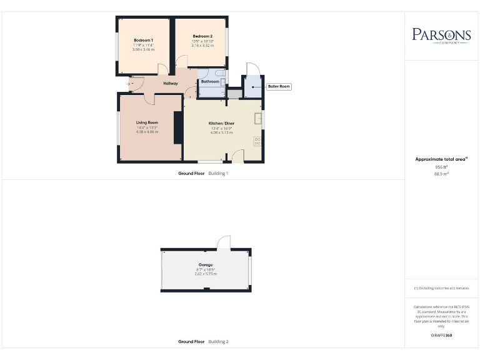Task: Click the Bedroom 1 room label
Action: pyautogui.click(x=143, y=40)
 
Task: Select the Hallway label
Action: pyautogui.click(x=171, y=83)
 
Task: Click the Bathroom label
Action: pyautogui.click(x=210, y=82)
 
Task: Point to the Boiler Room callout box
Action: pyautogui.click(x=279, y=86)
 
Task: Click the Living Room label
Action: pyautogui.click(x=147, y=122)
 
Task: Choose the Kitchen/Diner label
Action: pyautogui.click(x=221, y=124)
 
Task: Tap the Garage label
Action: pyautogui.click(x=206, y=265)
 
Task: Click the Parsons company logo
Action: pyautogui.click(x=441, y=35)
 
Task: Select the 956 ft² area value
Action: pyautogui.click(x=441, y=167)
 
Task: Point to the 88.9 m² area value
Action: pyautogui.click(x=441, y=174)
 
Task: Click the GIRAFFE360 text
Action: pyautogui.click(x=441, y=336)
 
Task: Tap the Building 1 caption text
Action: pyautogui.click(x=218, y=173)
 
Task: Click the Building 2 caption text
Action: pyautogui.click(x=218, y=342)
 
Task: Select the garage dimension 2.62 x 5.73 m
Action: pyautogui.click(x=206, y=274)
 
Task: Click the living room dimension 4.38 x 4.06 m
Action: pyautogui.click(x=147, y=132)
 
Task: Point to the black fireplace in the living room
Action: pyautogui.click(x=178, y=128)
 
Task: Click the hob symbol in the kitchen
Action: pyautogui.click(x=257, y=141)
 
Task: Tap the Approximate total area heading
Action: pyautogui.click(x=441, y=159)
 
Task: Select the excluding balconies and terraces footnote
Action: pyautogui.click(x=441, y=287)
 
